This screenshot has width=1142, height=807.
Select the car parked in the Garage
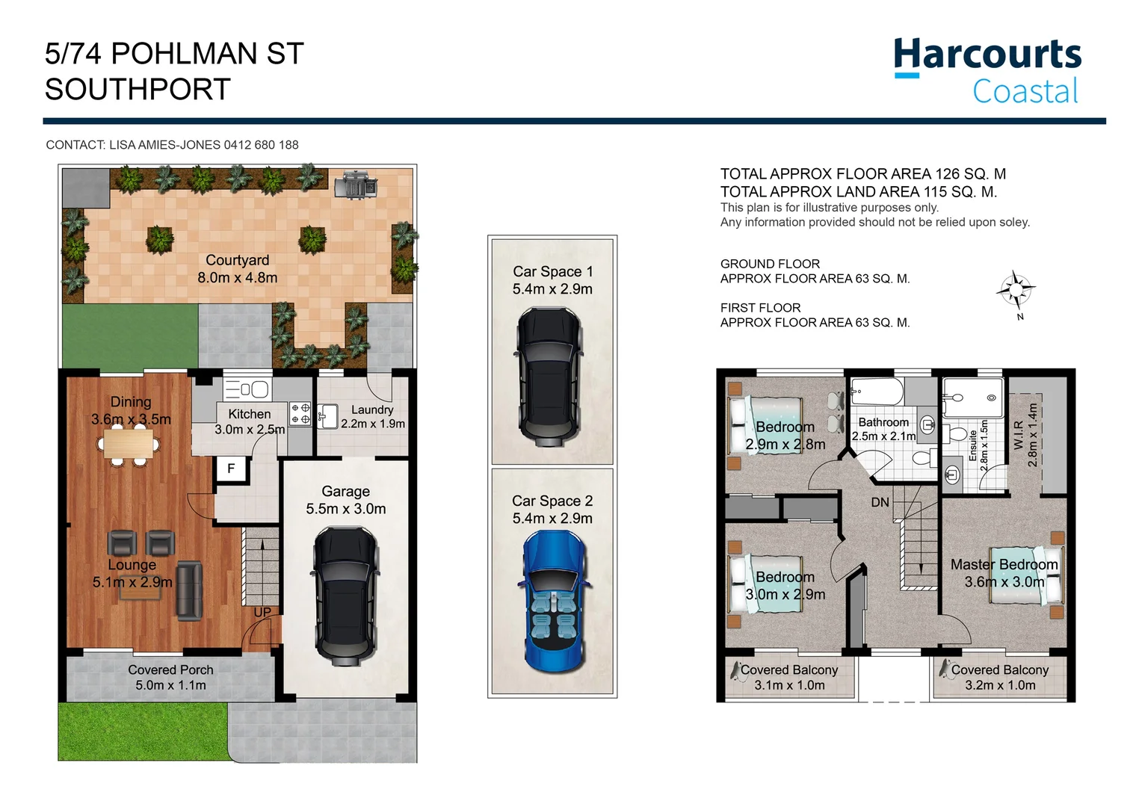[x=345, y=596]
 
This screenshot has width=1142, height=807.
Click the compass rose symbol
[x=1016, y=289]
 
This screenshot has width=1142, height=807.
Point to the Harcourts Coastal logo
[x=987, y=71]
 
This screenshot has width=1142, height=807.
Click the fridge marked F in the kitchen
[x=231, y=469]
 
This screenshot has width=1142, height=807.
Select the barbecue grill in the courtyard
[x=356, y=185]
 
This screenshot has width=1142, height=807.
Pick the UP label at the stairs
[x=262, y=612]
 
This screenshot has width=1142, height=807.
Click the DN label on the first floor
[x=880, y=502]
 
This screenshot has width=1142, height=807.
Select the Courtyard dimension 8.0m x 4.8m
[x=237, y=278]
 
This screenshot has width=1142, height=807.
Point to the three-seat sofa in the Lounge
[x=189, y=590]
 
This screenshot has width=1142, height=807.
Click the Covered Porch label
[x=170, y=670]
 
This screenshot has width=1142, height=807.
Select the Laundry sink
[x=327, y=416]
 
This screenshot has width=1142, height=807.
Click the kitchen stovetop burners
[x=300, y=414]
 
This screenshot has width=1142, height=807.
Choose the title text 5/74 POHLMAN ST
[x=174, y=54]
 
